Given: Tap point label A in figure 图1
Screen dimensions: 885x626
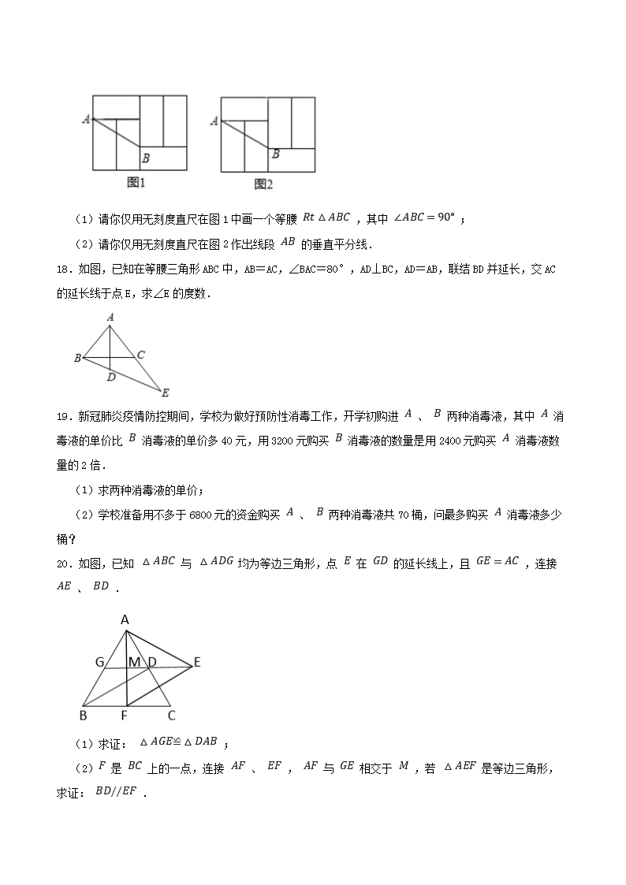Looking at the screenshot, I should point(85,119).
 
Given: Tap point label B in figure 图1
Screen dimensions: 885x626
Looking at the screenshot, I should point(146,158).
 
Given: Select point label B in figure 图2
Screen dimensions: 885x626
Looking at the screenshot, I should point(275,154).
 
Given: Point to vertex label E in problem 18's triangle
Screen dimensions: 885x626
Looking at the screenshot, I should point(165,392).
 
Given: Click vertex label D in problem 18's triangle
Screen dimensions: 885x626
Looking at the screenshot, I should point(111,377).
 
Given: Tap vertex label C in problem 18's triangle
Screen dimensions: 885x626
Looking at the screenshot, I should point(140,355).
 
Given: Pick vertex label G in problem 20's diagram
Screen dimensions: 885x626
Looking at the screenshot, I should point(100,662).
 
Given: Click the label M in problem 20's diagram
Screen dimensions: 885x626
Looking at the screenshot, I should point(135,662).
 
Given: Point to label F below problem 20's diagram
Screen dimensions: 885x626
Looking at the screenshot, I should point(125,716).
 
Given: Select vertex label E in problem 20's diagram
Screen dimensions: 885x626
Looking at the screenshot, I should point(197,662).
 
